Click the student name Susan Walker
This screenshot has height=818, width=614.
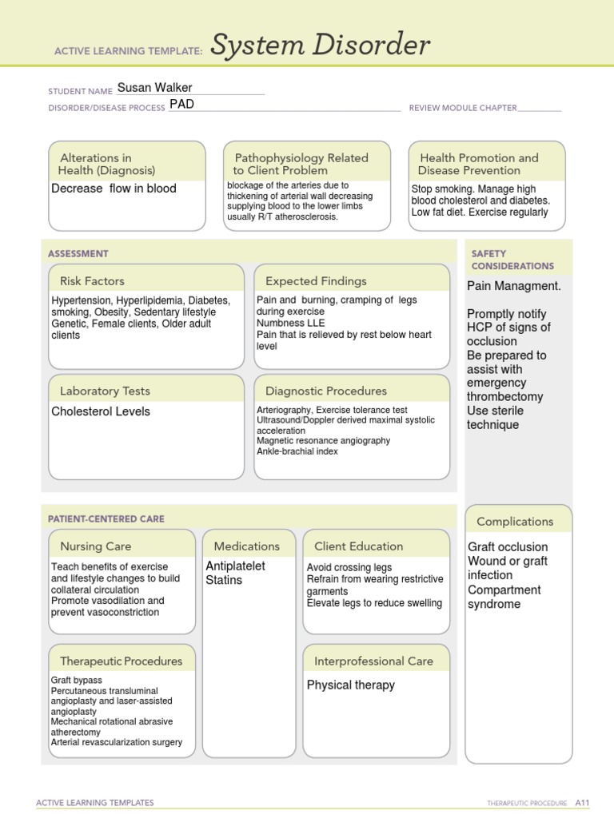(x=154, y=88)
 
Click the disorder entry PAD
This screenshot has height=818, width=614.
(x=181, y=105)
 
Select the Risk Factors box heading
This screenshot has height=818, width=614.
(x=92, y=281)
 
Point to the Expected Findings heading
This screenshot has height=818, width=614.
(x=316, y=281)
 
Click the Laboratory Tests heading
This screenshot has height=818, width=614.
(x=105, y=391)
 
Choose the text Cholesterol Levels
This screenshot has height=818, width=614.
(x=101, y=411)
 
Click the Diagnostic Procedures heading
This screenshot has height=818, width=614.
(x=325, y=391)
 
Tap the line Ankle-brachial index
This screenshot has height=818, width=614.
(x=297, y=451)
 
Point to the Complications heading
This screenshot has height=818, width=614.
(x=515, y=522)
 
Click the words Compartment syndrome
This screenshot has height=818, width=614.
(x=504, y=597)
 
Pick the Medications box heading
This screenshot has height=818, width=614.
(x=247, y=546)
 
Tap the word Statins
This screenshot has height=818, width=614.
(x=224, y=580)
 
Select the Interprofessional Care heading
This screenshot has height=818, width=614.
(x=373, y=661)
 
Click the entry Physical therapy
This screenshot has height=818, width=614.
(x=351, y=685)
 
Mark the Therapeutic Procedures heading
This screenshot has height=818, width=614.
(x=121, y=661)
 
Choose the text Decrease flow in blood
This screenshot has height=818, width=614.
(x=114, y=189)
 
